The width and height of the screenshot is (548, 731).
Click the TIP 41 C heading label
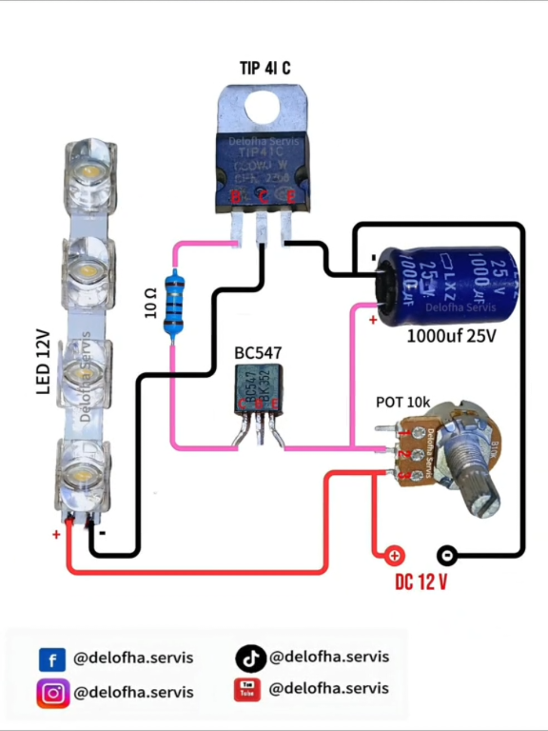[265, 68]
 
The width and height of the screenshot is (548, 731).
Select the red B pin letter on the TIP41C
[236, 197]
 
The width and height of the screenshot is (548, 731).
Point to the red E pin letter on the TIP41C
[291, 197]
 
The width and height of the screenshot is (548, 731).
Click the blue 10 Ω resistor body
[174, 304]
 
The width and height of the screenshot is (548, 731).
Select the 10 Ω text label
[150, 303]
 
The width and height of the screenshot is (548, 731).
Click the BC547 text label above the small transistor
[258, 353]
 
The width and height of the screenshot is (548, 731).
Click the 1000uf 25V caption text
[452, 336]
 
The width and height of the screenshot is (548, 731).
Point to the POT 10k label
[403, 402]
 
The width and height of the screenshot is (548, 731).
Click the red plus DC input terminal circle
[394, 556]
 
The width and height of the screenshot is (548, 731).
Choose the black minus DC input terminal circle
[447, 556]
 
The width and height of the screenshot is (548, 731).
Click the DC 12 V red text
[421, 582]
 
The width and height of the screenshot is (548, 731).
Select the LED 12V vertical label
[44, 362]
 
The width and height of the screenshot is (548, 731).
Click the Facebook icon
[52, 659]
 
